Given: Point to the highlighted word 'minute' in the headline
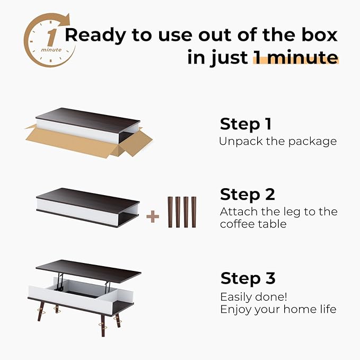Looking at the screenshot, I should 296,57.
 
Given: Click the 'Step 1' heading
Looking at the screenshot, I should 245,124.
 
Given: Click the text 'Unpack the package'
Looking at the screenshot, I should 277,142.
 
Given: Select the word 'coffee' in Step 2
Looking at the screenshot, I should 238,224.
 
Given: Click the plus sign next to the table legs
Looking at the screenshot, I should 153,216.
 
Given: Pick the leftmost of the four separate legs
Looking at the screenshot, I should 171,212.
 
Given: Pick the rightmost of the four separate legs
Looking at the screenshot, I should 194,212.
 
